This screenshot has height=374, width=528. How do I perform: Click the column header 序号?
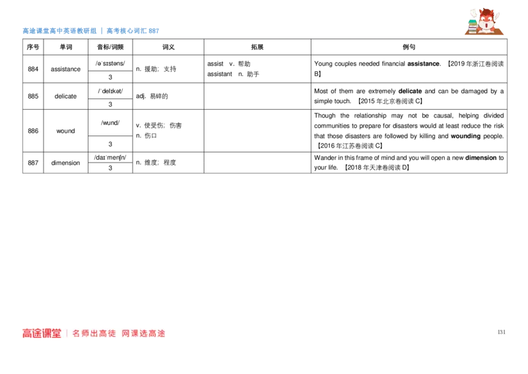tap(33, 47)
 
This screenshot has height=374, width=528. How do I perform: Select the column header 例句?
tap(409, 47)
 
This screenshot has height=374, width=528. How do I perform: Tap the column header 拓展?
tap(257, 47)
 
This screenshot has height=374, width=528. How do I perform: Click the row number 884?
tap(33, 69)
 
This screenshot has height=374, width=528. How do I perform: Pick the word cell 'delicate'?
tap(65, 96)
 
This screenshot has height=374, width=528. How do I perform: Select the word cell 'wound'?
tap(65, 131)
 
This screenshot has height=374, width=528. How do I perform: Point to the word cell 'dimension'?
tap(65, 163)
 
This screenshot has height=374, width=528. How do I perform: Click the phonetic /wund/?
tap(110, 123)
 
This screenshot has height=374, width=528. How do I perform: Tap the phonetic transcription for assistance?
tap(110, 63)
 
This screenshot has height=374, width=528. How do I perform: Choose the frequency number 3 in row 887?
tap(110, 168)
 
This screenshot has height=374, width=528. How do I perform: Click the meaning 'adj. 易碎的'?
tap(152, 96)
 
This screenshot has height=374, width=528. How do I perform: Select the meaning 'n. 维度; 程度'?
tap(156, 163)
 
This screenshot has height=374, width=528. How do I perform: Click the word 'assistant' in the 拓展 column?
tap(220, 74)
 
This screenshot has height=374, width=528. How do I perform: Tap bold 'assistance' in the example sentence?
tap(423, 63)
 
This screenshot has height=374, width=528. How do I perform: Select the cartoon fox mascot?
tap(484, 21)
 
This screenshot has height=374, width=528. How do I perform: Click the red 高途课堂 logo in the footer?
tap(42, 333)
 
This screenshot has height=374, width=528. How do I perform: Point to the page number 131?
tap(502, 332)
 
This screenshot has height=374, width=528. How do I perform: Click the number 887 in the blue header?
tap(154, 31)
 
